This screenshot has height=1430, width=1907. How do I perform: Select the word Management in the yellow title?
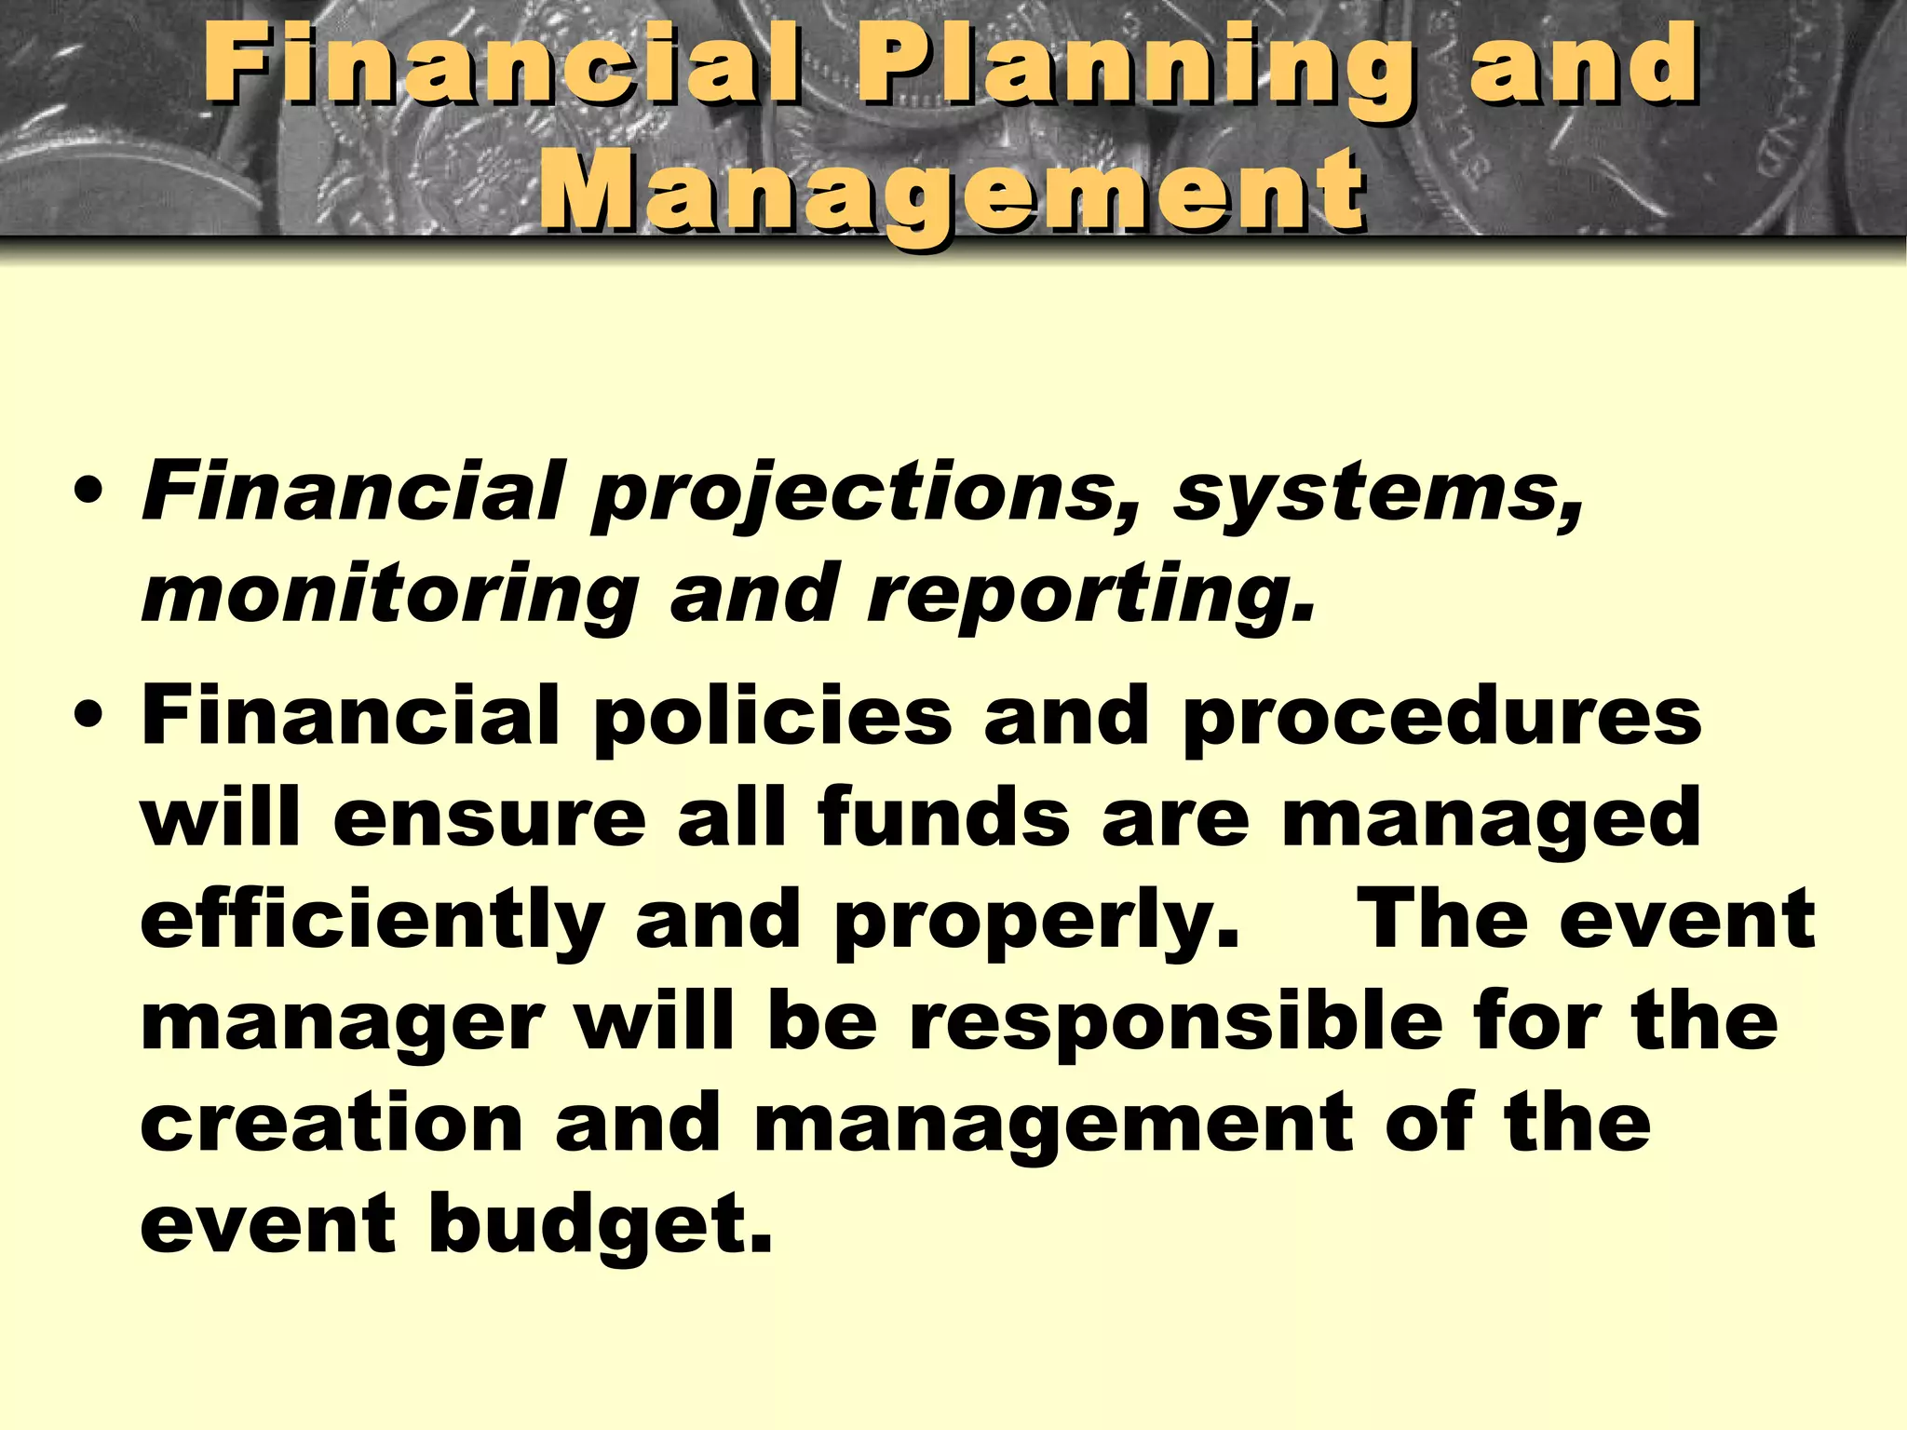(x=952, y=191)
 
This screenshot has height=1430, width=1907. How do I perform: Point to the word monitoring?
(x=389, y=596)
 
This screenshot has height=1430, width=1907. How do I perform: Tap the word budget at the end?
(x=600, y=1227)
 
